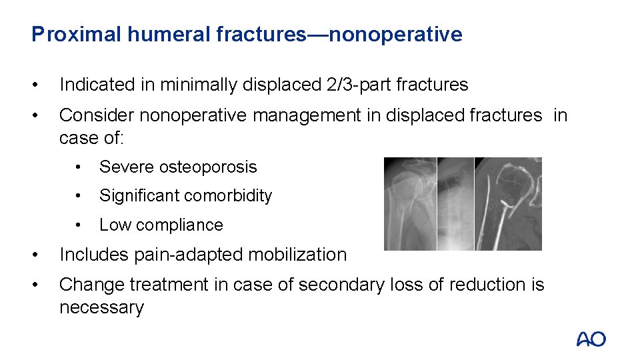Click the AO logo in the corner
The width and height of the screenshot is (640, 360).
pyautogui.click(x=591, y=339)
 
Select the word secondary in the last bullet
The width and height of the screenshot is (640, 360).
pyautogui.click(x=339, y=285)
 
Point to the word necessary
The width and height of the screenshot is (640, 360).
pyautogui.click(x=101, y=308)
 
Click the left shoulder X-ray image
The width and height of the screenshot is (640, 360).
pyautogui.click(x=410, y=203)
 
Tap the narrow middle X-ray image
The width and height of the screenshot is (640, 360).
pyautogui.click(x=455, y=203)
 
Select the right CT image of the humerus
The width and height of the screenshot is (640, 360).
pyautogui.click(x=508, y=203)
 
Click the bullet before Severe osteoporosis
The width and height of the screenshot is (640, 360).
pyautogui.click(x=79, y=167)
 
